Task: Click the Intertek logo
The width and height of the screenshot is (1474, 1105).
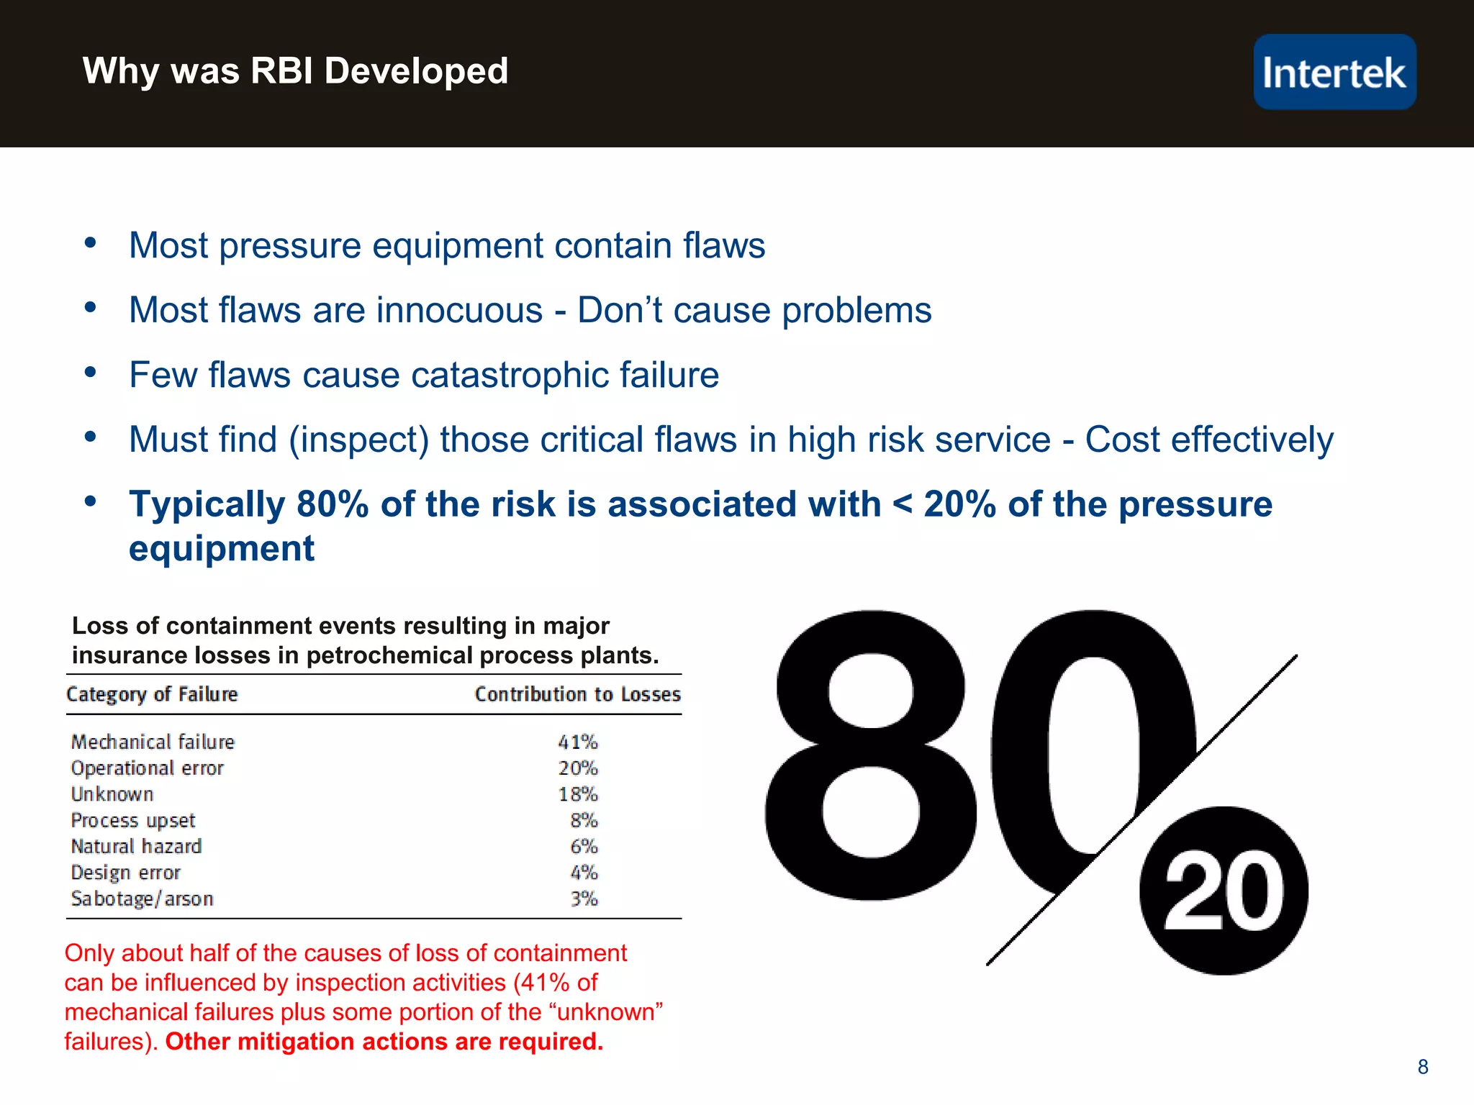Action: pos(1334,72)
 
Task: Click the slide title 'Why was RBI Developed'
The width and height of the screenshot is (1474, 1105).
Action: pos(295,71)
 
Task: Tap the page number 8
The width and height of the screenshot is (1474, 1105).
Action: pos(1422,1067)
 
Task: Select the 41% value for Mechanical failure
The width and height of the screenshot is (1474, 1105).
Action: pos(578,742)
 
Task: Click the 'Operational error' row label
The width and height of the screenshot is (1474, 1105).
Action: pos(148,768)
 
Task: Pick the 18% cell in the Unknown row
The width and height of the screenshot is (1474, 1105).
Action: pos(578,794)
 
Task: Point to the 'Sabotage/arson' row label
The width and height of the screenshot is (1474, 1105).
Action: pos(142,899)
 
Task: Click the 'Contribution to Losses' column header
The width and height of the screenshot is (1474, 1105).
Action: pos(577,694)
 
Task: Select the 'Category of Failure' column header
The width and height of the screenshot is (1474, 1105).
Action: pos(152,694)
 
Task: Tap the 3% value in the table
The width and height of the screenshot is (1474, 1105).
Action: pos(584,899)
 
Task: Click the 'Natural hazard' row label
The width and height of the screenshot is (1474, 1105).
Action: pos(136,846)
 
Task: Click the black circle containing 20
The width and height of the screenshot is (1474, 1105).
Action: pos(1224,891)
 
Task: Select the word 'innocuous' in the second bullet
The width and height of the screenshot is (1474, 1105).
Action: pos(459,310)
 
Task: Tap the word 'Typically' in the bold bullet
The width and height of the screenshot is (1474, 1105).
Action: pos(207,504)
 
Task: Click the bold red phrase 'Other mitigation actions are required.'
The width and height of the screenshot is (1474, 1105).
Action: pos(384,1041)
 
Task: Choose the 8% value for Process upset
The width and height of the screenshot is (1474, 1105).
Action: pos(584,820)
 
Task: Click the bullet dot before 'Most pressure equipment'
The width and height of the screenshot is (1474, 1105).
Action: pos(90,243)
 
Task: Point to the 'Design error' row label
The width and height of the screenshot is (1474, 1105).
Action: pos(125,873)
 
